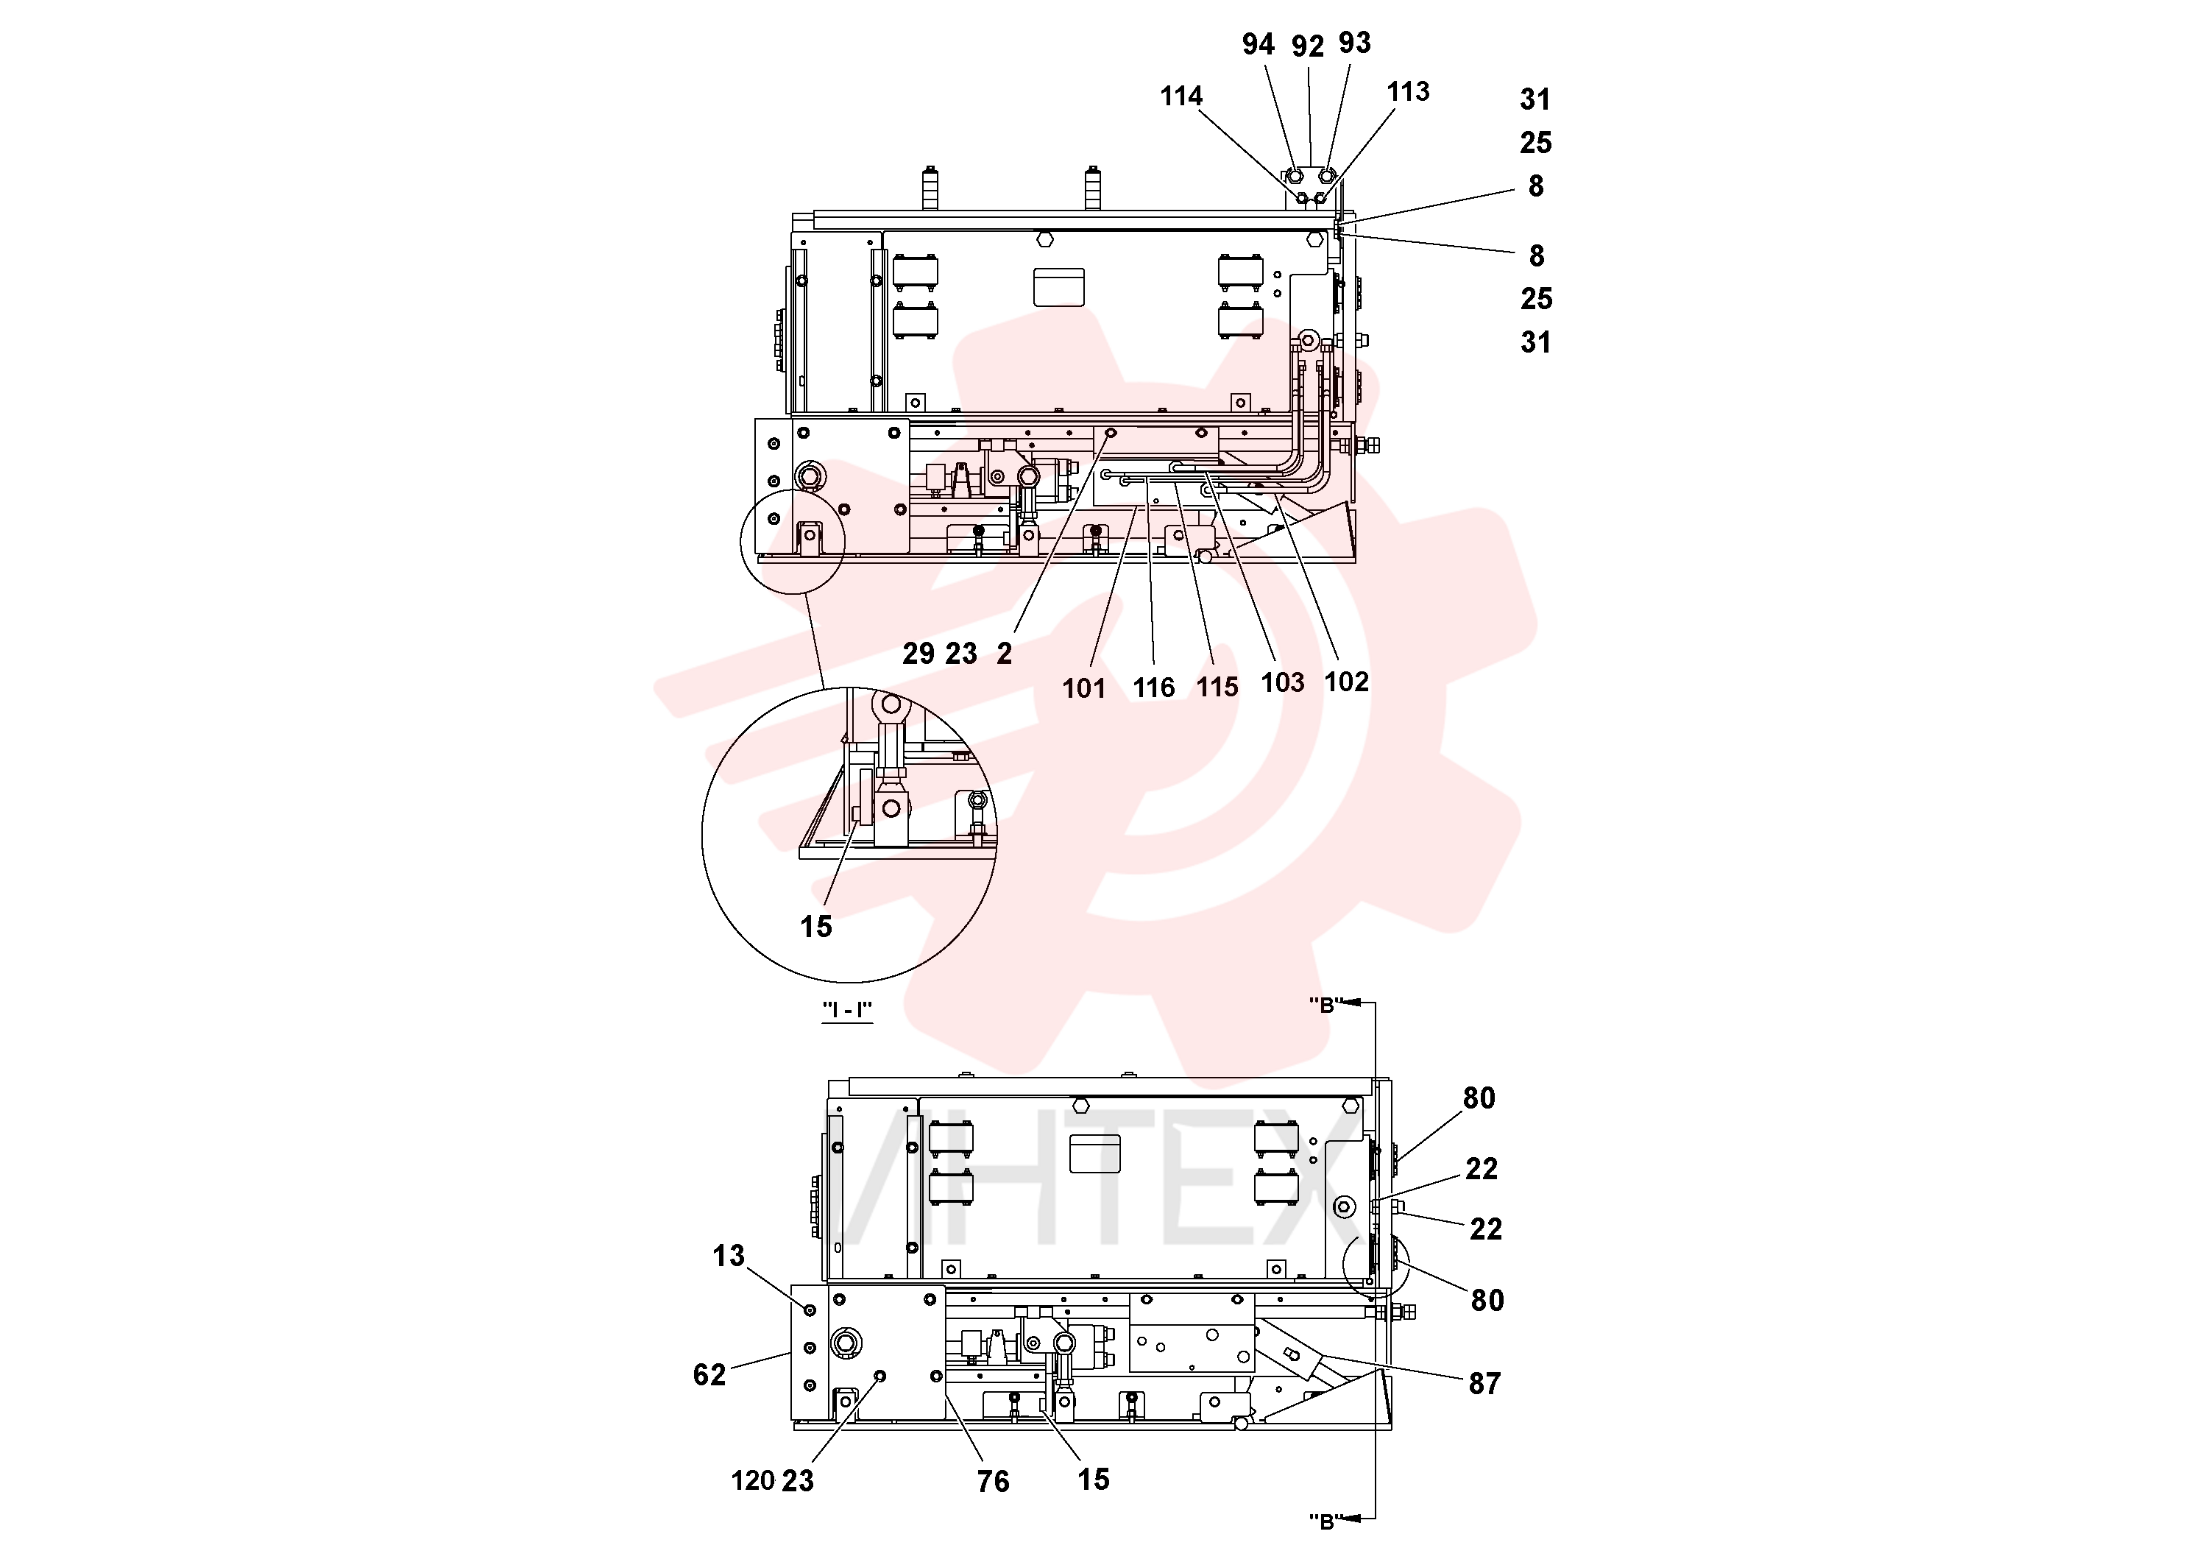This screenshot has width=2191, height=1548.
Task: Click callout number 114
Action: pos(1181,96)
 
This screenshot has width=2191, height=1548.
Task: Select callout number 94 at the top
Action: pos(1258,45)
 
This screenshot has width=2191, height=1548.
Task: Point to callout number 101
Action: pos(1083,688)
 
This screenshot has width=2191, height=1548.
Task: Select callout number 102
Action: pos(1347,682)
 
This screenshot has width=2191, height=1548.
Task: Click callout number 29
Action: pos(918,654)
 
